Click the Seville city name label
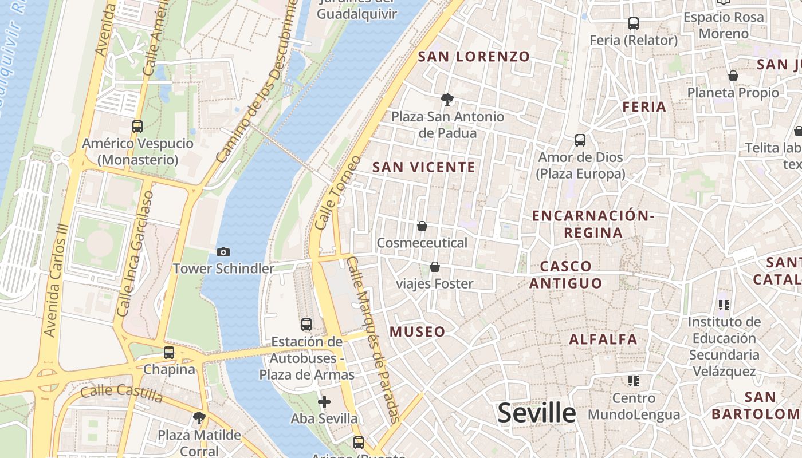pos(536,413)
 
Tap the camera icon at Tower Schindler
pos(223,252)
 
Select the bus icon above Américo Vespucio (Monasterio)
pos(137,127)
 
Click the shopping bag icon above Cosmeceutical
pos(422,227)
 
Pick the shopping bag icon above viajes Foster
pos(435,267)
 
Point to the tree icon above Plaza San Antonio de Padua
pos(447,100)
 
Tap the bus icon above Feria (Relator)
pos(633,23)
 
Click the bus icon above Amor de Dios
pos(580,140)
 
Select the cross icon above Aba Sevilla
pos(324,402)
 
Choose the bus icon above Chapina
pos(169,353)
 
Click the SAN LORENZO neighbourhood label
pos(474,57)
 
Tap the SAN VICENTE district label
pos(424,167)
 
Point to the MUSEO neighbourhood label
pos(417,331)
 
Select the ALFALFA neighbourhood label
pos(603,339)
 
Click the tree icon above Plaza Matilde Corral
pos(199,418)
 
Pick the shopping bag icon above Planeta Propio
pos(733,76)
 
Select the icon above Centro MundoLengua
pos(633,381)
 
